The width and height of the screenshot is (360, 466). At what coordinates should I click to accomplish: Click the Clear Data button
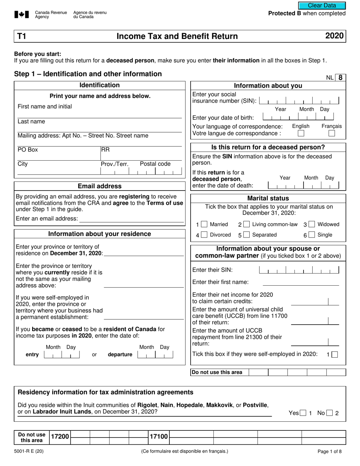point(322,5)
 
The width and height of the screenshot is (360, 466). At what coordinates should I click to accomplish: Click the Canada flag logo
point(22,15)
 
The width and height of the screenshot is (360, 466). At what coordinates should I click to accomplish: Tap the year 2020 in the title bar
point(334,36)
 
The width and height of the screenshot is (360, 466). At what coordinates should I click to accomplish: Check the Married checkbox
point(204,224)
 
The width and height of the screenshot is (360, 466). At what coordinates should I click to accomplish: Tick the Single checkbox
point(311,235)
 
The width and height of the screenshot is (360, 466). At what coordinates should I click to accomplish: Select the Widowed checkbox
point(311,224)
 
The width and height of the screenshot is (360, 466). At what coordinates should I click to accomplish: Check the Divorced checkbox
point(204,235)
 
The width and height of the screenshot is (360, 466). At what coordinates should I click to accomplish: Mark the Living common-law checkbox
point(246,224)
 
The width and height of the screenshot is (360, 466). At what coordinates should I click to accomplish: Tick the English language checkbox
point(301,133)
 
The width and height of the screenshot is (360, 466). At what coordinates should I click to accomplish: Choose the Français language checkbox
point(332,133)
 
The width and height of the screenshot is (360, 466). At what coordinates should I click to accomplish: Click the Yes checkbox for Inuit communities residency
point(303,413)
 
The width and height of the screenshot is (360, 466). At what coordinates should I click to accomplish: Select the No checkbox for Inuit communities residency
point(330,413)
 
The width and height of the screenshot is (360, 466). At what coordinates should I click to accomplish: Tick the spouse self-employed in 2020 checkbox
point(334,355)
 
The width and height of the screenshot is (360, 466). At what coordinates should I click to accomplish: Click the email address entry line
point(131,219)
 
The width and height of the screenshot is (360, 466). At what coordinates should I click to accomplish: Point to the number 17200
point(60,437)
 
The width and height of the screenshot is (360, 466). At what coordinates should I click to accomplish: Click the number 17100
point(158,437)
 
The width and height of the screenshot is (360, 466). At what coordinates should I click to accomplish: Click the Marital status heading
point(268,198)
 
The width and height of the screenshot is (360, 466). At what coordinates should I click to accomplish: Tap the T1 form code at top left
point(21,36)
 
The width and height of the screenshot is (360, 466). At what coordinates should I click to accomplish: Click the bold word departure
point(120,355)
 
